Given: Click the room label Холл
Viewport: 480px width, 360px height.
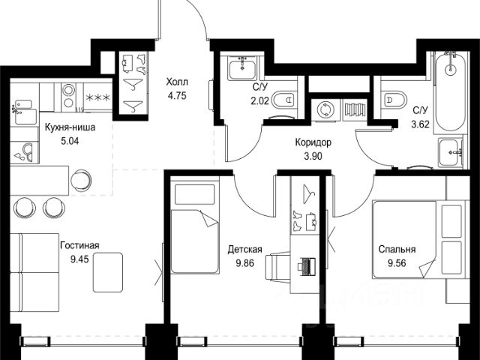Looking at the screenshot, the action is (x=177, y=82).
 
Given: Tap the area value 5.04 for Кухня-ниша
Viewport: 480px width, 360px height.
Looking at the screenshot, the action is (x=70, y=141).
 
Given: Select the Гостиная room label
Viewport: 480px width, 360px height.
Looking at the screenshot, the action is (x=80, y=245).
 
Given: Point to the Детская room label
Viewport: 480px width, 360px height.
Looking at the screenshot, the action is (x=244, y=250).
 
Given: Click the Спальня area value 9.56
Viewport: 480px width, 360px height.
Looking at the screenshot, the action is (x=397, y=263).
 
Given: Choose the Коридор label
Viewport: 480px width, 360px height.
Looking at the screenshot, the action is (x=313, y=142).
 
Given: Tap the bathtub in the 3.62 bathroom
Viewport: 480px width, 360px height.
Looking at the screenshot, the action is (x=451, y=91).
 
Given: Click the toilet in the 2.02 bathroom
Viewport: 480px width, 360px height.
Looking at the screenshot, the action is (x=284, y=100).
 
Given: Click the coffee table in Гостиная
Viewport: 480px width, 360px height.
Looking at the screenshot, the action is (x=108, y=272).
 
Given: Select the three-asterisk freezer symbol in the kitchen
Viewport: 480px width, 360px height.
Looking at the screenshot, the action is (x=98, y=97).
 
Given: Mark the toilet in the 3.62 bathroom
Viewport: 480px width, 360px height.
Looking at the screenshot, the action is (x=395, y=100).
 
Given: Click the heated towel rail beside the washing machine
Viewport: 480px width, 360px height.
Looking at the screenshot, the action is (x=355, y=109).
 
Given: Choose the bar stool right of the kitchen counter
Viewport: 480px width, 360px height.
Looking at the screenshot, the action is (x=81, y=180).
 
